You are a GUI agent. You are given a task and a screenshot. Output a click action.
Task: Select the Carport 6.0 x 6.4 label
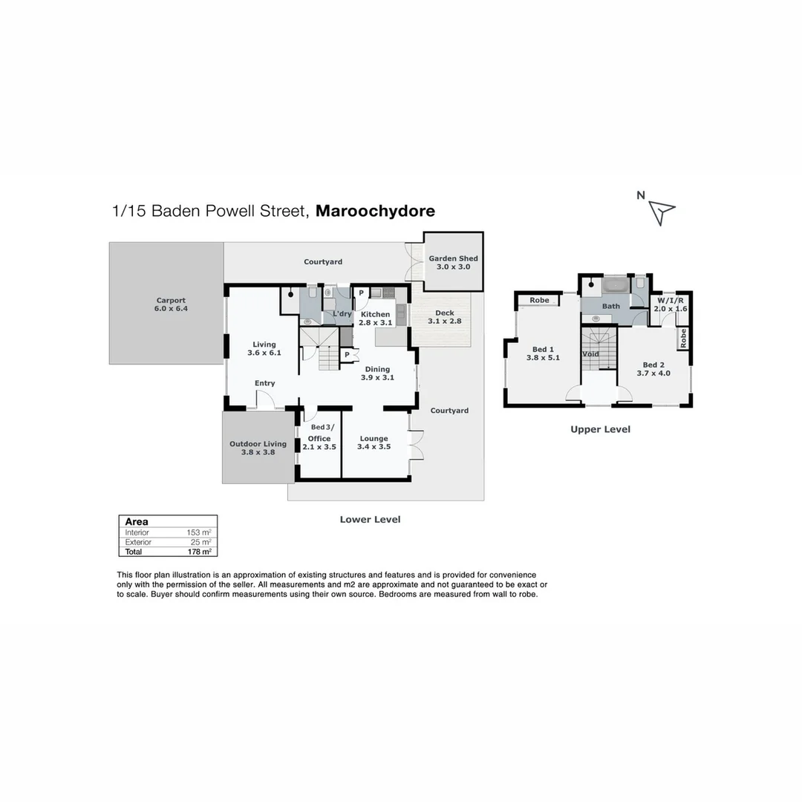pyautogui.click(x=172, y=304)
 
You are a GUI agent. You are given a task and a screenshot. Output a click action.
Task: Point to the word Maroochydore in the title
pyautogui.click(x=375, y=211)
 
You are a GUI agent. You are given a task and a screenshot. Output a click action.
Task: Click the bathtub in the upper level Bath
pyautogui.click(x=615, y=287)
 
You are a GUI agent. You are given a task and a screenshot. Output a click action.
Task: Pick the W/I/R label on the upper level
pyautogui.click(x=670, y=301)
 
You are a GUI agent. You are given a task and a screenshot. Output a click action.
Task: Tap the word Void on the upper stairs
pyautogui.click(x=590, y=354)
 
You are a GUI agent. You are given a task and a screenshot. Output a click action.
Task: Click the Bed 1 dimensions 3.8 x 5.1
pyautogui.click(x=542, y=358)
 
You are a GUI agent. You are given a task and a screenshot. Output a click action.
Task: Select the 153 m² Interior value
pyautogui.click(x=199, y=532)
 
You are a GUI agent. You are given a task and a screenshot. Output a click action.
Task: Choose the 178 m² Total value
pyautogui.click(x=199, y=552)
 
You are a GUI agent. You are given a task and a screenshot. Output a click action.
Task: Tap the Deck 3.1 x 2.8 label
pyautogui.click(x=445, y=317)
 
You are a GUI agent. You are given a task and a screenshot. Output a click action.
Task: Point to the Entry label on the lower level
pyautogui.click(x=264, y=383)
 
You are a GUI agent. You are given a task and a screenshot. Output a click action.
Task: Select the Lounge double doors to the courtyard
pyautogui.click(x=416, y=446)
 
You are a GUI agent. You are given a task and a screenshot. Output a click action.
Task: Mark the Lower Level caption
pyautogui.click(x=370, y=520)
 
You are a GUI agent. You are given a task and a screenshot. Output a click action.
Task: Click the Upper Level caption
pyautogui.click(x=600, y=429)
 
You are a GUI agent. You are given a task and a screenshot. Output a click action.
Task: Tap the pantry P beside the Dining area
pyautogui.click(x=347, y=356)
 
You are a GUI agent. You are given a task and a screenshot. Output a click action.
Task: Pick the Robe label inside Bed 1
pyautogui.click(x=539, y=300)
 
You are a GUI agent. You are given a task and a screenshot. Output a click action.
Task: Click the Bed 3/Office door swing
pyautogui.click(x=310, y=415)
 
